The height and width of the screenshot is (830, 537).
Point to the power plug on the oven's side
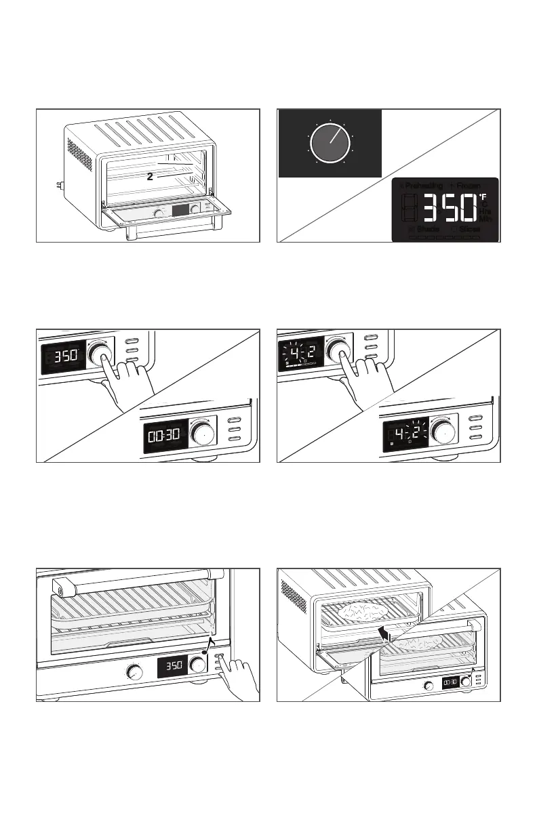click(x=58, y=184)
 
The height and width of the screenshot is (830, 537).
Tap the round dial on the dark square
click(x=330, y=143)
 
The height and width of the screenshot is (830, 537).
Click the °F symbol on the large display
click(x=483, y=197)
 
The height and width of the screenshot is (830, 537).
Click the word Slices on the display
click(x=469, y=229)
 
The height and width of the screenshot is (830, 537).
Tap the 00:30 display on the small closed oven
click(x=450, y=684)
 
